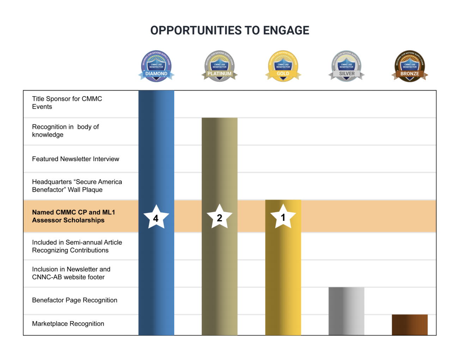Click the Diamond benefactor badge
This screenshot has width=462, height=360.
pos(156,66)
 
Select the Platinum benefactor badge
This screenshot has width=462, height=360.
pos(219,66)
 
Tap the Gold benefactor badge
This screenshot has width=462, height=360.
pos(283,66)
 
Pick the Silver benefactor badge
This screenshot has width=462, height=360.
pos(346,66)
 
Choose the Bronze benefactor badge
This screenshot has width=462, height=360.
pos(409,66)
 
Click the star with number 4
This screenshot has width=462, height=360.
pos(156,217)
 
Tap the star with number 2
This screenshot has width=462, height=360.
pos(219,217)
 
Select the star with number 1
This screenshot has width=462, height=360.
pos(283,217)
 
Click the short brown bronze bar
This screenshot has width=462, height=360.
pos(409,325)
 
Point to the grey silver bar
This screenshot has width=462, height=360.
pos(346,311)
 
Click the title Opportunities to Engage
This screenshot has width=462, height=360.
pos(230,31)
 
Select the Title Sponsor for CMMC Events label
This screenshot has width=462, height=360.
pos(67,103)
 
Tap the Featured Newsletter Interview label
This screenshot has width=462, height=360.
pos(75,159)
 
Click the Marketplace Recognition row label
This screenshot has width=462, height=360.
pos(68,324)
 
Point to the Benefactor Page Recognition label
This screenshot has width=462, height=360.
pos(74,300)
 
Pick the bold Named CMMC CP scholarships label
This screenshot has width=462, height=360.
pos(73,216)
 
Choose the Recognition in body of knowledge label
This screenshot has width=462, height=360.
pos(65,131)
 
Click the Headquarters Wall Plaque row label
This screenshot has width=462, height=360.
pos(77,186)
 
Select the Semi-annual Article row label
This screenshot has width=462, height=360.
pos(77,246)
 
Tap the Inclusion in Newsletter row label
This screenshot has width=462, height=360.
pos(71,273)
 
